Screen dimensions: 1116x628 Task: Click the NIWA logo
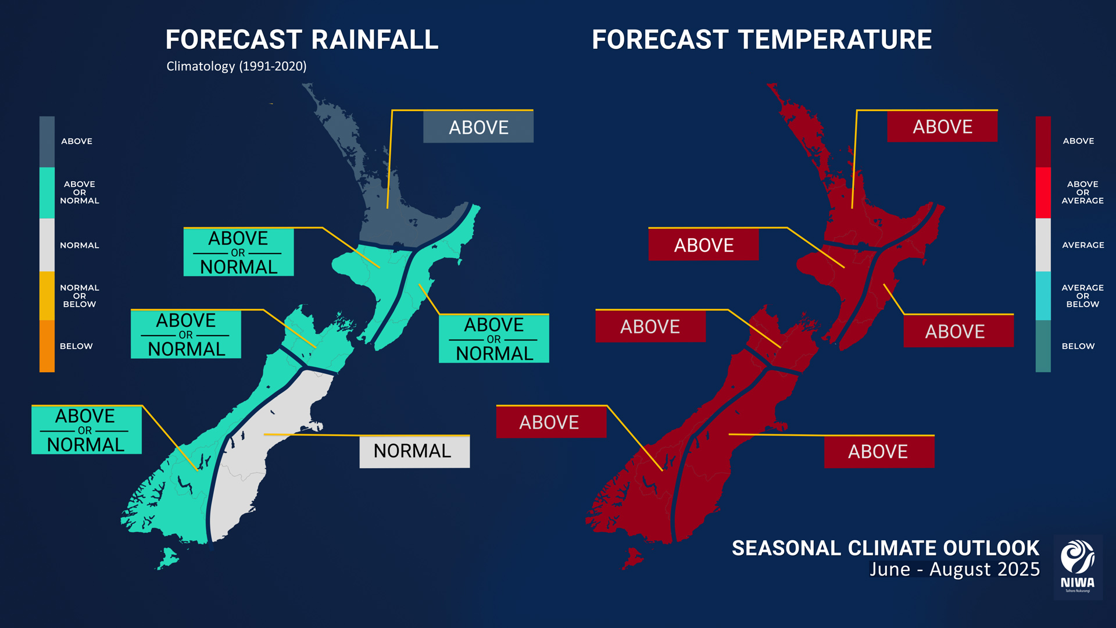pos(1078,567)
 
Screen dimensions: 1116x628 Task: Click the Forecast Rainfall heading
pos(302,40)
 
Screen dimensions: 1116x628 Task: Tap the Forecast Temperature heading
pos(761,40)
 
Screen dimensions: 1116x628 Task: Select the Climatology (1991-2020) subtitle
pos(237,66)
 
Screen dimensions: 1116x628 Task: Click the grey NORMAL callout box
pos(414,452)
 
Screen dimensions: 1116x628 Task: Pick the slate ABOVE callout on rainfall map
pos(478,127)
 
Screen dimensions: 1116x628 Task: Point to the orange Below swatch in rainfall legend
pos(47,346)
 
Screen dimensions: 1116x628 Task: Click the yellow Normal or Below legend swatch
pos(47,295)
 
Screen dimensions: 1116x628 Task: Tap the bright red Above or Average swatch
pos(1043,192)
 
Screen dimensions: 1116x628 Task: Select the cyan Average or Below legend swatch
pos(1043,295)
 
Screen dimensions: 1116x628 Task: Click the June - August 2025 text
pos(954,569)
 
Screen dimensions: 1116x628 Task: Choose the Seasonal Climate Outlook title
pos(885,548)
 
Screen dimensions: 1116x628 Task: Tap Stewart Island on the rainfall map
pos(168,559)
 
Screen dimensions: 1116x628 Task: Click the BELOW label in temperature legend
pos(1078,346)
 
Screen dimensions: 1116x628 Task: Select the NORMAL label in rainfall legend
pos(80,245)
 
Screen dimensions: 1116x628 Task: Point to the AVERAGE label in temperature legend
pos(1083,245)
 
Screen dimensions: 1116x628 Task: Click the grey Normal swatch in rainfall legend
pos(47,245)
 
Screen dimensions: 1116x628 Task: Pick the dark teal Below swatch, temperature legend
pos(1043,346)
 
